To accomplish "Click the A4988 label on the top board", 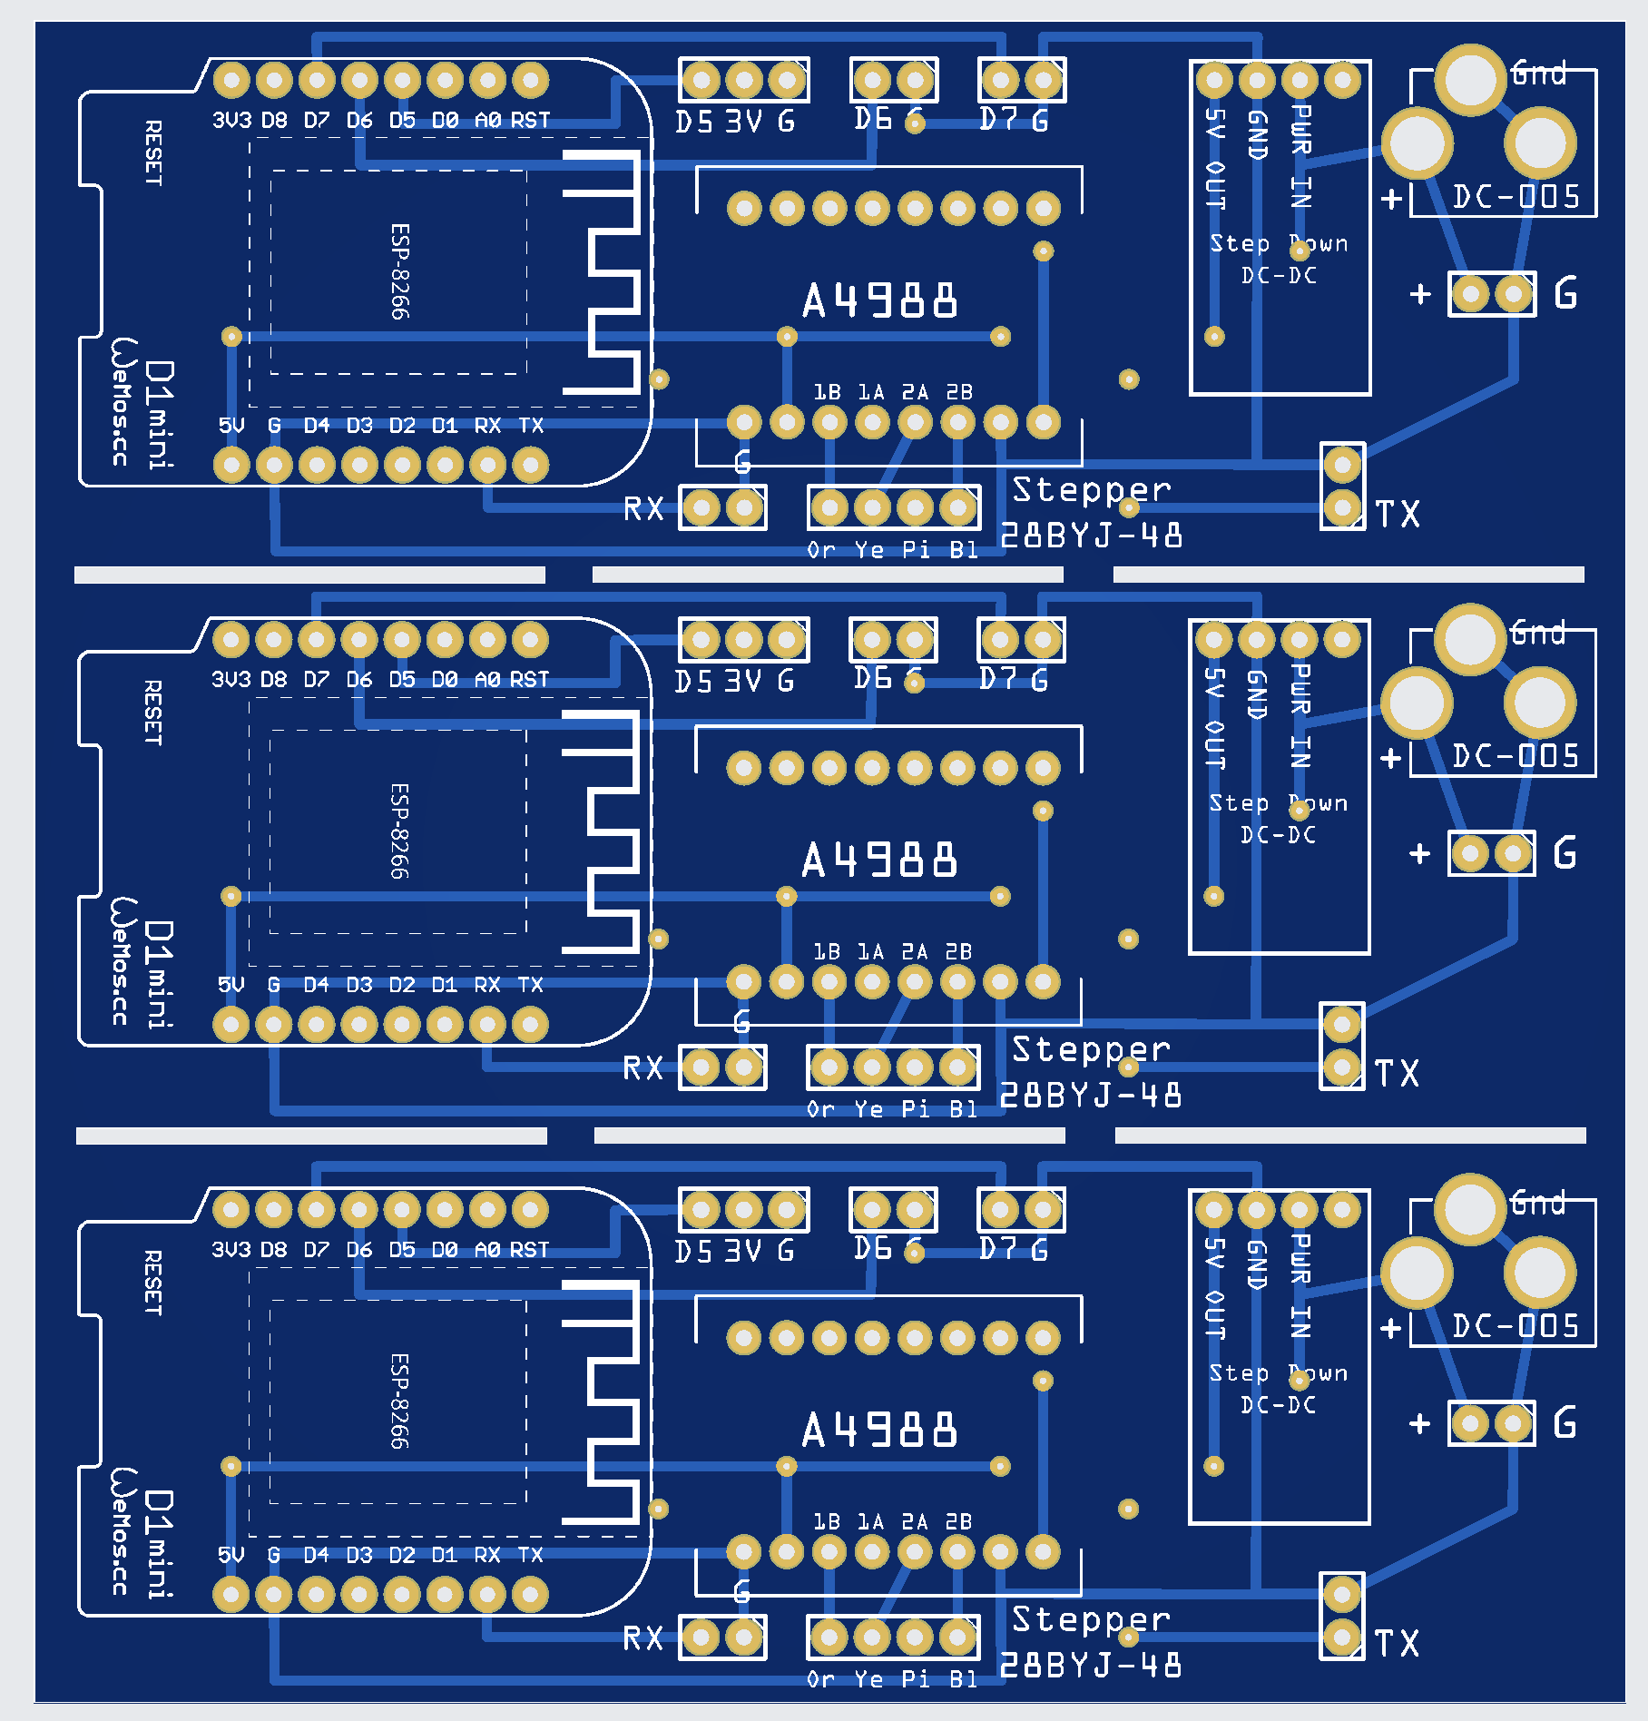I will click(x=879, y=300).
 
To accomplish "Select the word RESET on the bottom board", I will click(x=152, y=1283).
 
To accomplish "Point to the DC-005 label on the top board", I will click(x=1516, y=197).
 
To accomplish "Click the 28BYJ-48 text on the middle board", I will click(x=1090, y=1096).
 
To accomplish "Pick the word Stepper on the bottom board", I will click(x=1091, y=1620).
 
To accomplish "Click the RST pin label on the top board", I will click(x=530, y=120).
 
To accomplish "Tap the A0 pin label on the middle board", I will click(x=487, y=679).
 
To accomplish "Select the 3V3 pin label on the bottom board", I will click(x=231, y=1249).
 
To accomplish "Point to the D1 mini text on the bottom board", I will click(x=160, y=1543).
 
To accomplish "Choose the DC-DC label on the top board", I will click(x=1279, y=275).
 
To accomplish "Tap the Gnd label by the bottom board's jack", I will click(x=1538, y=1203).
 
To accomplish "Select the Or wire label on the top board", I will click(x=820, y=550).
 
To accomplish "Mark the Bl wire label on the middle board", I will click(x=963, y=1109).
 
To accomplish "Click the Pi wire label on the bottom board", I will click(x=915, y=1679).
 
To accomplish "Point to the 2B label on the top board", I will click(x=959, y=392).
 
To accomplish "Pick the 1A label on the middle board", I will click(x=870, y=951).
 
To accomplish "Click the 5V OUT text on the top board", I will click(x=1215, y=159).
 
